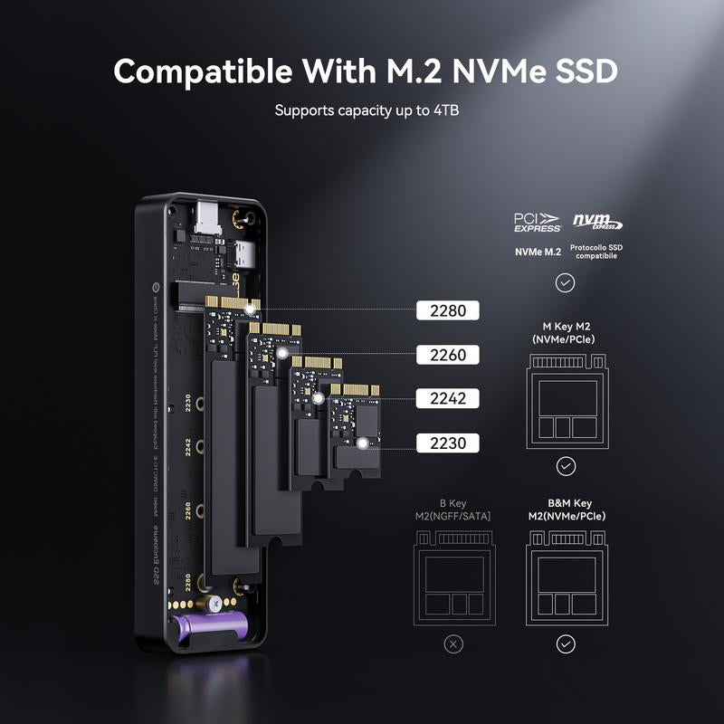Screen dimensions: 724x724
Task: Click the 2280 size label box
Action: point(447,310)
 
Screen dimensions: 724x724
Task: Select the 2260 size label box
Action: point(447,355)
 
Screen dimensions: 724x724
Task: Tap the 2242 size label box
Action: point(447,398)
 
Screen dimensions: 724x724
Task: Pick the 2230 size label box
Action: point(447,443)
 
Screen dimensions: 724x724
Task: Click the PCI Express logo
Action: point(538,222)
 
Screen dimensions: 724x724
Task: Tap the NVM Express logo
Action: point(597,222)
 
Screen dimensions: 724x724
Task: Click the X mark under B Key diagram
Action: point(454,644)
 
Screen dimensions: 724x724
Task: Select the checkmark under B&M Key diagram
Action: point(566,644)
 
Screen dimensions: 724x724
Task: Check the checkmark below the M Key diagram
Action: point(566,466)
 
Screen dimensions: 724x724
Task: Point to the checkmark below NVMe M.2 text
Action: point(566,283)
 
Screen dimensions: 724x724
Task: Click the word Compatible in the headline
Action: point(205,71)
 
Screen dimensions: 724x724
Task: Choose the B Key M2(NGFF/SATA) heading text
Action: point(453,510)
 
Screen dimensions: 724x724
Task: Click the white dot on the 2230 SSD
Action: point(363,443)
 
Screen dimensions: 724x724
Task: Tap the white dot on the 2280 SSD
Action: point(251,310)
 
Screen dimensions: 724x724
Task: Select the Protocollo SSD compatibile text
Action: point(597,252)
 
